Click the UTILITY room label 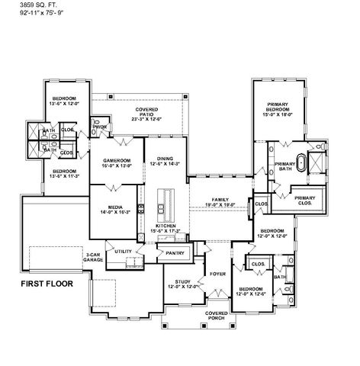(x=125, y=251)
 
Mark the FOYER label (x=216, y=271)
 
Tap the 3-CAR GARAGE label (x=94, y=258)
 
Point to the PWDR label (x=100, y=127)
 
